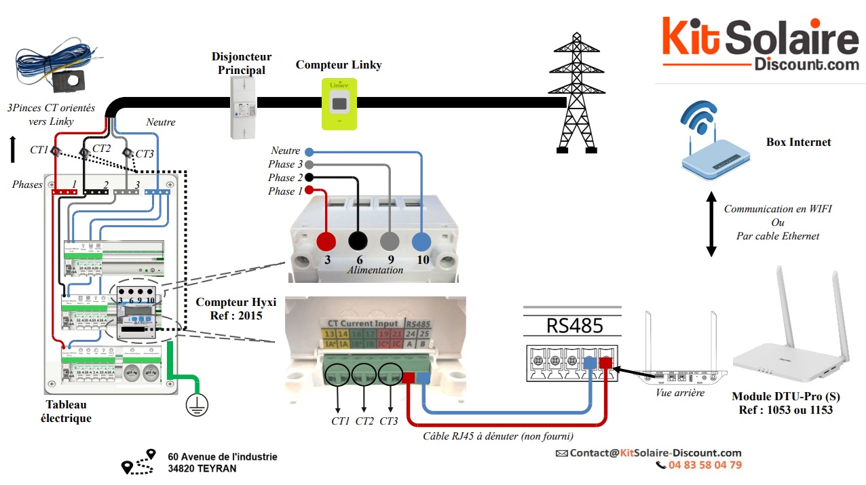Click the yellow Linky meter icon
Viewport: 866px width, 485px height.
(x=339, y=103)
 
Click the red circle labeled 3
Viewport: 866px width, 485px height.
(x=327, y=241)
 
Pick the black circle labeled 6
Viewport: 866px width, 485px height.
(x=358, y=241)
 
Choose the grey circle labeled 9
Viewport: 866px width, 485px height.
(x=390, y=241)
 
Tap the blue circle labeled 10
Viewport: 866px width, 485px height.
(x=421, y=241)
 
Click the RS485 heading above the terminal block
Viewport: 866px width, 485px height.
(x=574, y=326)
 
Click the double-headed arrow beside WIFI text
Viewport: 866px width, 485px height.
(x=711, y=224)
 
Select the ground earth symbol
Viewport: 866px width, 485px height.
(x=197, y=405)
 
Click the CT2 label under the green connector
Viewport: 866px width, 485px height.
(x=364, y=421)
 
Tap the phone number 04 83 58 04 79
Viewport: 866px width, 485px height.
(x=704, y=465)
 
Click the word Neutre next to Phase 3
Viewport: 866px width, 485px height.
(x=285, y=151)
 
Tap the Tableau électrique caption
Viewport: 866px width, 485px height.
(x=69, y=411)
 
